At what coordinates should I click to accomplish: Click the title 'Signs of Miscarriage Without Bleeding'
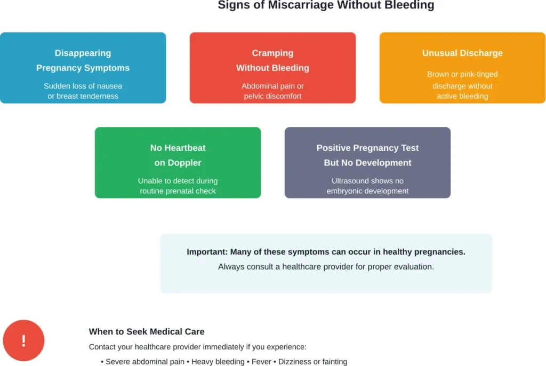tap(326, 5)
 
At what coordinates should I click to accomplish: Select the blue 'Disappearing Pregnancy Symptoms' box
tap(83, 68)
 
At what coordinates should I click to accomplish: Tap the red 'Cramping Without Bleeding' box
tap(272, 68)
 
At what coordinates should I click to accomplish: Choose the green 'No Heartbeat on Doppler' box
tap(178, 162)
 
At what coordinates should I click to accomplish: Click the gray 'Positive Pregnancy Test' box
tap(367, 162)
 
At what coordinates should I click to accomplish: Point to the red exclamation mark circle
tap(23, 340)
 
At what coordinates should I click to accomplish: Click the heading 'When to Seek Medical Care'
tap(147, 331)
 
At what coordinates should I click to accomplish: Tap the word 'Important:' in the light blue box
tap(207, 252)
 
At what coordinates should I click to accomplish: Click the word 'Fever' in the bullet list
tap(262, 362)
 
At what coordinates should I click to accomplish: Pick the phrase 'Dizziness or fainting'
tap(313, 362)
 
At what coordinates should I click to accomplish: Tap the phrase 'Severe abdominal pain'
tap(145, 362)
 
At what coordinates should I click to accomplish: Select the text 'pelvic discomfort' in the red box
tap(272, 96)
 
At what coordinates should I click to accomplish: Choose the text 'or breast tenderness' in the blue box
tap(83, 96)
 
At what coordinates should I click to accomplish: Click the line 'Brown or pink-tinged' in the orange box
tap(462, 75)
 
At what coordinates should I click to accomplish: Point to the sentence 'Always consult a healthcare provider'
tap(326, 266)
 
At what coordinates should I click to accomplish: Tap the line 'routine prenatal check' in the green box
tap(178, 191)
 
